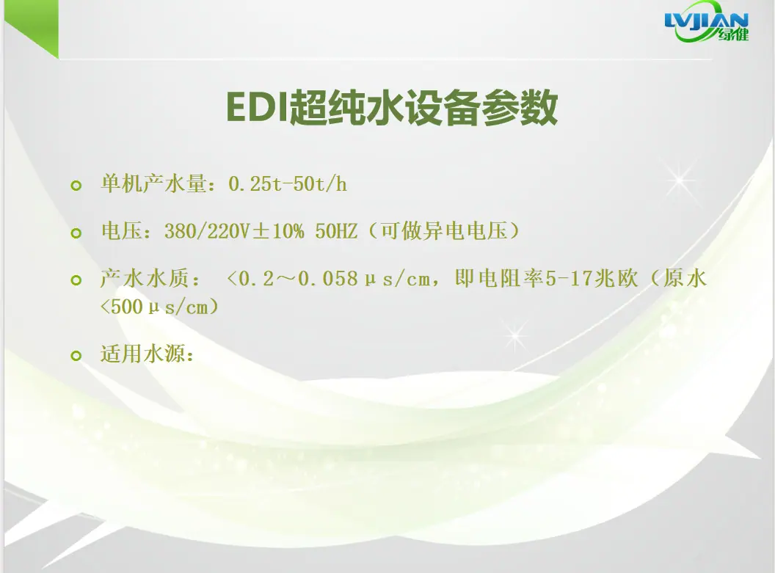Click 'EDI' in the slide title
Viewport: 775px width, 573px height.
tap(257, 107)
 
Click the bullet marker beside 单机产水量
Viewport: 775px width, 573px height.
tap(76, 186)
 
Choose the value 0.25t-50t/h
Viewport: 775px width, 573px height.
tap(288, 184)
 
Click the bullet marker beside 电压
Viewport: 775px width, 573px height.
tap(76, 233)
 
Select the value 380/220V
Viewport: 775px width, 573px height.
tap(208, 231)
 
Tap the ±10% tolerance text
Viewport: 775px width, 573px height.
tap(277, 231)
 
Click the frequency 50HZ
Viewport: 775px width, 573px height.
tap(336, 231)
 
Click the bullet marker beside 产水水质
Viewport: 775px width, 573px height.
tap(76, 280)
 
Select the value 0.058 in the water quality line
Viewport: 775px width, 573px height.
tap(328, 279)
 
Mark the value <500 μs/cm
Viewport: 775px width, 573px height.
tap(154, 307)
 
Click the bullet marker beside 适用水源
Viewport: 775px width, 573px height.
tap(76, 355)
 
